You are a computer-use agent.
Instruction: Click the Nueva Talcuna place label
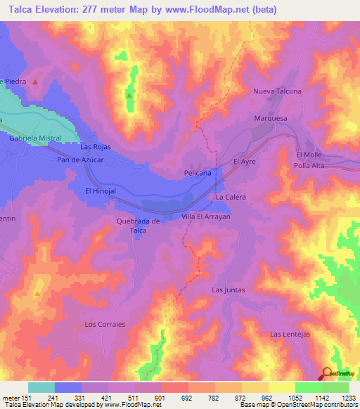coord(277,91)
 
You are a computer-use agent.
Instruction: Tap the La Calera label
coord(230,197)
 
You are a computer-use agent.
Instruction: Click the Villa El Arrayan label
coord(206,217)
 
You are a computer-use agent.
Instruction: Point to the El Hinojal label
coord(99,190)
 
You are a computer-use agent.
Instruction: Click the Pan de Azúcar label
coord(80,160)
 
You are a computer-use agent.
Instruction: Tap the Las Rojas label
coord(96,147)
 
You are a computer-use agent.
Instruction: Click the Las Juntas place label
coord(227,290)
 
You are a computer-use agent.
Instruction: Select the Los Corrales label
coord(105,324)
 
